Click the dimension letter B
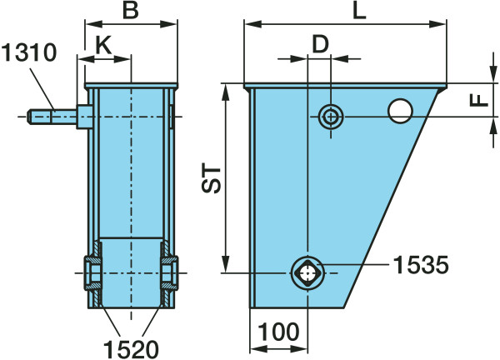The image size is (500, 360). point(131,10)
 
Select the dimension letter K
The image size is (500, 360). point(103,45)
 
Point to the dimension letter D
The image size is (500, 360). point(320,44)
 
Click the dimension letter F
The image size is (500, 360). point(479,101)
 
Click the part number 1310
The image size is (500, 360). point(29,52)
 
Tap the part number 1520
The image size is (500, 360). point(131,349)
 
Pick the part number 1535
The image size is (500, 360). point(421,265)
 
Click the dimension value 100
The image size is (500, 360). point(278,332)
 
